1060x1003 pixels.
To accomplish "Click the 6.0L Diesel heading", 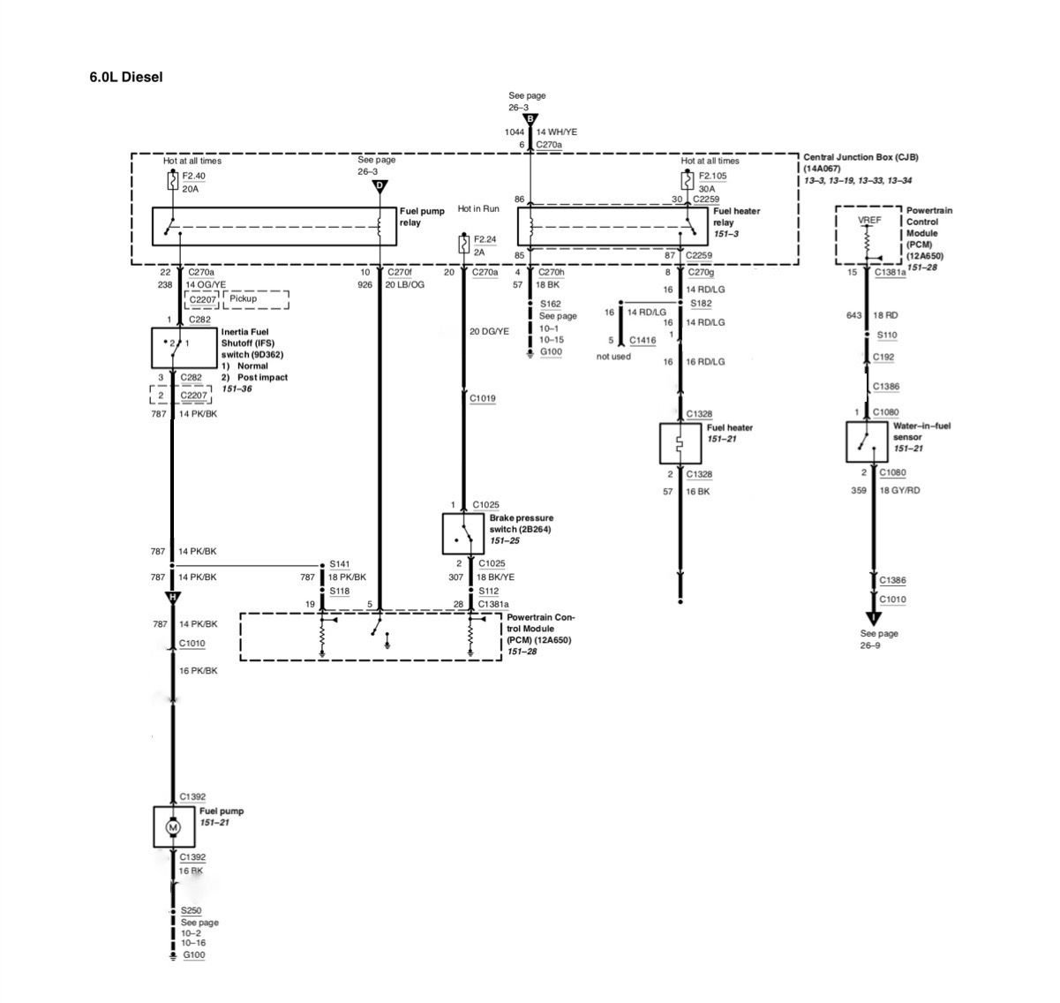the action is (125, 77).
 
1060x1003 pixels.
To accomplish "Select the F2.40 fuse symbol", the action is (172, 180).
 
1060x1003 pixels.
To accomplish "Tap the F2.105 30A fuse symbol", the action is (687, 180).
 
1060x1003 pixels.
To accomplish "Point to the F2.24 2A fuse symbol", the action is (463, 244).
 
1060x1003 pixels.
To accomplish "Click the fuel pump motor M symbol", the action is (172, 827).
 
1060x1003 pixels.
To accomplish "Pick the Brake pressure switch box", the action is (462, 533).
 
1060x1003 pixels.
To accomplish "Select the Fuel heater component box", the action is (680, 443).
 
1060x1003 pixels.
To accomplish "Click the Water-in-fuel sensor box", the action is (866, 441).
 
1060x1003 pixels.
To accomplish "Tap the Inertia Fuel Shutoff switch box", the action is (184, 348).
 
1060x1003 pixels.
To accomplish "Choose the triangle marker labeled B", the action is (530, 119).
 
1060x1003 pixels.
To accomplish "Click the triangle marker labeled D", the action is (380, 186).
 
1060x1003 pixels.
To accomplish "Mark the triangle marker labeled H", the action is (172, 597).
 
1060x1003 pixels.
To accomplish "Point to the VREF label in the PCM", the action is (868, 220).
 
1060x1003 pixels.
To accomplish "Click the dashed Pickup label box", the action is (256, 299).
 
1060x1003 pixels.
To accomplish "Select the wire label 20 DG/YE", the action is (488, 331).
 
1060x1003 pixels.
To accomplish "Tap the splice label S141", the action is (339, 563).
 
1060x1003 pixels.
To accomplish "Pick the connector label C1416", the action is (643, 340).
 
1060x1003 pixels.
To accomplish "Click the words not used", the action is (613, 356).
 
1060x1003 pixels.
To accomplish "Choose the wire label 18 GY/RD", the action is (899, 490).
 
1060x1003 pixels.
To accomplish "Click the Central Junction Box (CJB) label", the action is (860, 157).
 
